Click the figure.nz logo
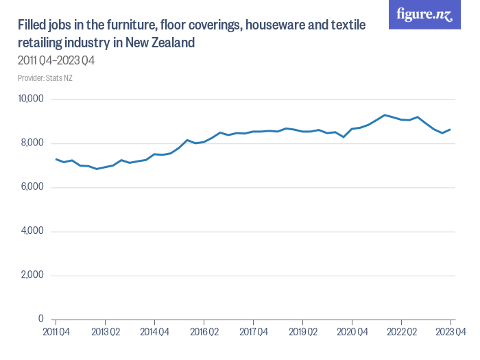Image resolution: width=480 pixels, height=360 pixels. [424, 15]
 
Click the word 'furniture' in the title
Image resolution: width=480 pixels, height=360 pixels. [130, 26]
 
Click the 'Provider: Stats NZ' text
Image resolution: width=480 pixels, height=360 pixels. [45, 78]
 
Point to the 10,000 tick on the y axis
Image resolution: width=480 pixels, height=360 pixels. [30, 99]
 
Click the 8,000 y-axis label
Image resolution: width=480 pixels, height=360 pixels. [32, 143]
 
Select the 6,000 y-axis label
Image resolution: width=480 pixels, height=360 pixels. [32, 187]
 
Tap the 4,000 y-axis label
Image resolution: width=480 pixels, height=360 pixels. [32, 231]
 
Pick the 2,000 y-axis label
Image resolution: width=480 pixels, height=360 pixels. [32, 276]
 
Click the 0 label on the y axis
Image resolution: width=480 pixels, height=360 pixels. [40, 320]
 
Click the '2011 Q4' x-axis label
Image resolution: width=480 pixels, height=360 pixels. [56, 331]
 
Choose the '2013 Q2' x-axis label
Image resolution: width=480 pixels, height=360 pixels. [105, 331]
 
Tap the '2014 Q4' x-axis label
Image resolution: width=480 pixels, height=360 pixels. [154, 331]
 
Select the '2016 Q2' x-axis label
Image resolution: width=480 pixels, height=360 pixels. [204, 331]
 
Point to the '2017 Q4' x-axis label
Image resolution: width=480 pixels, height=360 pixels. [253, 331]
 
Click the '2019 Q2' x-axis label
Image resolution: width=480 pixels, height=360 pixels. [302, 331]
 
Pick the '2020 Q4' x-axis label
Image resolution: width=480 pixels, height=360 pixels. [352, 331]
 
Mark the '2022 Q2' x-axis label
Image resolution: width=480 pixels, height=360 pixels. [401, 331]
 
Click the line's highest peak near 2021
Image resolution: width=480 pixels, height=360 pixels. [385, 115]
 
